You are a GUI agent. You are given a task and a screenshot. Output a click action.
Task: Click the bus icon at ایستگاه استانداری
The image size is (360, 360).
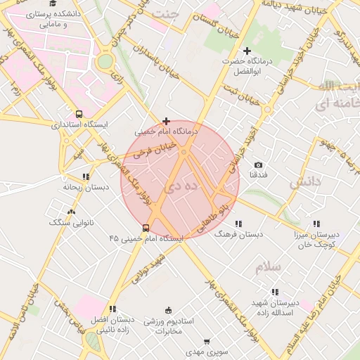click(79, 114)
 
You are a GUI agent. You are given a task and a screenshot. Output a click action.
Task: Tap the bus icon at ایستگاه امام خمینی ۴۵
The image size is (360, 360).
click(146, 228)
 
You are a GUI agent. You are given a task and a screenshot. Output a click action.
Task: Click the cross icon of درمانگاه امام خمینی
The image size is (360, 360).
click(166, 122)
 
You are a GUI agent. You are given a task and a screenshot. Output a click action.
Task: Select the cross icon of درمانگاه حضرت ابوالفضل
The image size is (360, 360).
click(247, 51)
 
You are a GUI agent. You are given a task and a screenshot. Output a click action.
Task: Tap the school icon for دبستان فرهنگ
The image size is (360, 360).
click(238, 224)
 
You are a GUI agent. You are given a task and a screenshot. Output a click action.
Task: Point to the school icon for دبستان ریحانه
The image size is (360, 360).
click(86, 177)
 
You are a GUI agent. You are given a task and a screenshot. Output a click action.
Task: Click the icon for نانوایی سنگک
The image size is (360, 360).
click(70, 212)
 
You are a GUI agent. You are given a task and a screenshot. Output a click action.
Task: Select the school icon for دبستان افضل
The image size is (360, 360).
click(112, 309)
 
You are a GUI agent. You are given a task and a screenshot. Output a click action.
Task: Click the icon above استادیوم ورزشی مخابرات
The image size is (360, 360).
click(167, 310)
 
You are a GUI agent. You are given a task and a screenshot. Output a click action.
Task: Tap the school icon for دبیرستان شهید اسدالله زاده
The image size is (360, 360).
click(274, 291)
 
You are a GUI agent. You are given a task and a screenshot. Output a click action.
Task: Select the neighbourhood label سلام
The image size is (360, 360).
click(269, 267)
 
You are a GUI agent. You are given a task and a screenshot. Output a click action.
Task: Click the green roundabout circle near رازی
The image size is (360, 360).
click(105, 61)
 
